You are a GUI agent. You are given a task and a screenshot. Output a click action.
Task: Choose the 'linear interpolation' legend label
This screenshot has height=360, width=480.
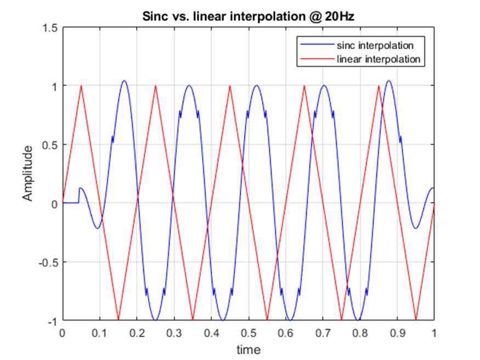(x=378, y=58)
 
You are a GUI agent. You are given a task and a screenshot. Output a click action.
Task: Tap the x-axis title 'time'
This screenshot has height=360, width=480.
(x=248, y=350)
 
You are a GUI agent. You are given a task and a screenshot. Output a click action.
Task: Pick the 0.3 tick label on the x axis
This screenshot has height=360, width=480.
(x=173, y=333)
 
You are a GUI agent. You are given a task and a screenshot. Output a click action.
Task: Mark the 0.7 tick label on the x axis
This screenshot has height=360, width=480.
(x=323, y=333)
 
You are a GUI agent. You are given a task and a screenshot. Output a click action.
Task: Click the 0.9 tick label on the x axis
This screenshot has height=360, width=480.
(x=397, y=333)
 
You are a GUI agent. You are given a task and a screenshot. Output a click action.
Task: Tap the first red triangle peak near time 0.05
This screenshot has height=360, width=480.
(x=81, y=86)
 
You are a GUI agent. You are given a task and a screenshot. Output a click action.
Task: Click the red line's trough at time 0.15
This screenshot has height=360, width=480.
(x=118, y=319)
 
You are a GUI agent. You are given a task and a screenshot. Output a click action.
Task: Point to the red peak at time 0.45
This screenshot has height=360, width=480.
(x=230, y=86)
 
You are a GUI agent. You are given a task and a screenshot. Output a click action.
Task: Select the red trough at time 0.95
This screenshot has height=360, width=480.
(x=416, y=319)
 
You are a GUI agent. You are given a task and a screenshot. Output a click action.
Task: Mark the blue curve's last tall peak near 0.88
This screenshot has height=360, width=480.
(x=389, y=81)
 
